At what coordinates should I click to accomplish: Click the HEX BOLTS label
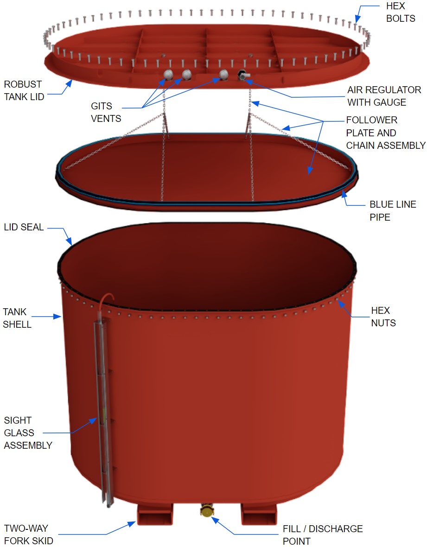401,12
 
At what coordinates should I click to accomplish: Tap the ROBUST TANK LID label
24,90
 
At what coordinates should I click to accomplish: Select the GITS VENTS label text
106,112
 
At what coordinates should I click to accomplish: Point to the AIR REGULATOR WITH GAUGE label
384,96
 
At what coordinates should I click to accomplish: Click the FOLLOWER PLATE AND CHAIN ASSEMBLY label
385,133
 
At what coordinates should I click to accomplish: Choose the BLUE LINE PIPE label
393,210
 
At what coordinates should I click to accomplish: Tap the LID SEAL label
24,227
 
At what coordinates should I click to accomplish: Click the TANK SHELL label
17,318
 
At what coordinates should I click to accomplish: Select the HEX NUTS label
383,317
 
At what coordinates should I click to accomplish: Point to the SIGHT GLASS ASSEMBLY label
28,433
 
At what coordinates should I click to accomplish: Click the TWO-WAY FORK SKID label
29,534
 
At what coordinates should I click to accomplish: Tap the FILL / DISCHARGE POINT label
323,535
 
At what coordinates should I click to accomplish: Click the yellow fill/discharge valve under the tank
206,510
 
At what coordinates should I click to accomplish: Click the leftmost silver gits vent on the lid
168,74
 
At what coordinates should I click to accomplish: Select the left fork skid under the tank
155,514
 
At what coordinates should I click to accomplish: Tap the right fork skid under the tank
259,514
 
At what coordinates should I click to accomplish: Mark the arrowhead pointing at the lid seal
69,241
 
